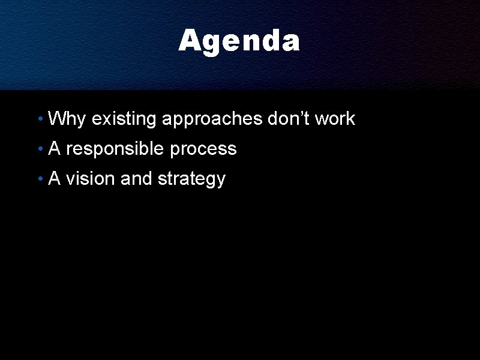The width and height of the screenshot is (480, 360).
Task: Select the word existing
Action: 124,119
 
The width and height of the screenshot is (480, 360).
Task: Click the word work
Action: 335,119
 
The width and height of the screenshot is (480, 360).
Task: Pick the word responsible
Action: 115,149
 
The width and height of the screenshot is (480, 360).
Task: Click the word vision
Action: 91,179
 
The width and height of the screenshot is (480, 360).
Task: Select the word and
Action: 136,179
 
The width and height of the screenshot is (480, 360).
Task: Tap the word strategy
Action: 191,179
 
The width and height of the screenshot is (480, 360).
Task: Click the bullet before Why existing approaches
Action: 39,119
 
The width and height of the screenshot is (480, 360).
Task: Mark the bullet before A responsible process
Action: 39,149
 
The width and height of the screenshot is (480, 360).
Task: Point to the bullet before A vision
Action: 39,179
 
